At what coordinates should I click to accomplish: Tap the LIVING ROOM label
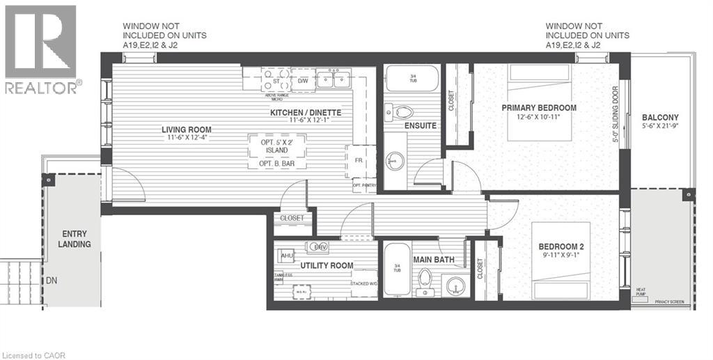pyautogui.click(x=187, y=130)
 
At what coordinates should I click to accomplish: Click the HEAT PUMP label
pyautogui.click(x=641, y=292)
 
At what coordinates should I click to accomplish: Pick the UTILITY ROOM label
pyautogui.click(x=327, y=266)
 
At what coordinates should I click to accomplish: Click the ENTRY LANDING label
pyautogui.click(x=75, y=239)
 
